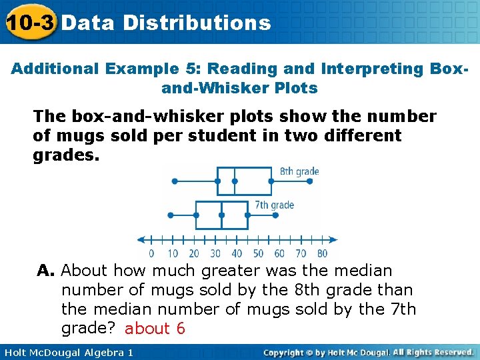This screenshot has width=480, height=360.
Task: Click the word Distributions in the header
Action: point(197,23)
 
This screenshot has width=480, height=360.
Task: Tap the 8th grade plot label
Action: point(299,171)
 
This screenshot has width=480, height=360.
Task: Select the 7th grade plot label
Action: point(274,205)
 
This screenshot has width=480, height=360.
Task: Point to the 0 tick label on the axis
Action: point(151,253)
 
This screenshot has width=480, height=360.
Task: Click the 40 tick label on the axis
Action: point(237,253)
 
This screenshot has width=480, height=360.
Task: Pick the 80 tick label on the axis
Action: point(322,253)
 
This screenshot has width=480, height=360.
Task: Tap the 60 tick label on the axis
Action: point(279,253)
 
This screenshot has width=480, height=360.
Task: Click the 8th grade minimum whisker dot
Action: point(175,181)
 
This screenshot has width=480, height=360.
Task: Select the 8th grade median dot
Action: point(234,181)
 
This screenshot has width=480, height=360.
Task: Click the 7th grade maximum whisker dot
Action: point(247,215)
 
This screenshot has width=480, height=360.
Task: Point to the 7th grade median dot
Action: point(221,215)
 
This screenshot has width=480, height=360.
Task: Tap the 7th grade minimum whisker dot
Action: point(171,215)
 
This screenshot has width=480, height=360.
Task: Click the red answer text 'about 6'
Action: point(155,329)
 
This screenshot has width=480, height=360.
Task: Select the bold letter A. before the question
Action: point(45,271)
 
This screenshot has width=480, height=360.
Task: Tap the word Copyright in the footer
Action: point(287,352)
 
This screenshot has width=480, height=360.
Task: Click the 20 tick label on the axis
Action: point(194,253)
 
